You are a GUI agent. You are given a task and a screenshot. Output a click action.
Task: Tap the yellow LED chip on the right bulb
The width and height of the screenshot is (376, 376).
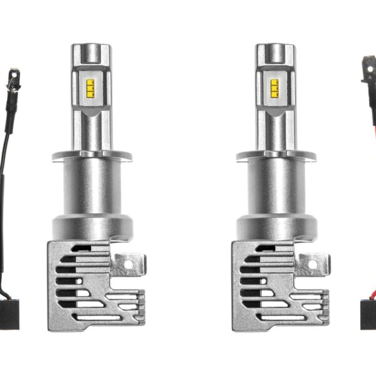[274, 88]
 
